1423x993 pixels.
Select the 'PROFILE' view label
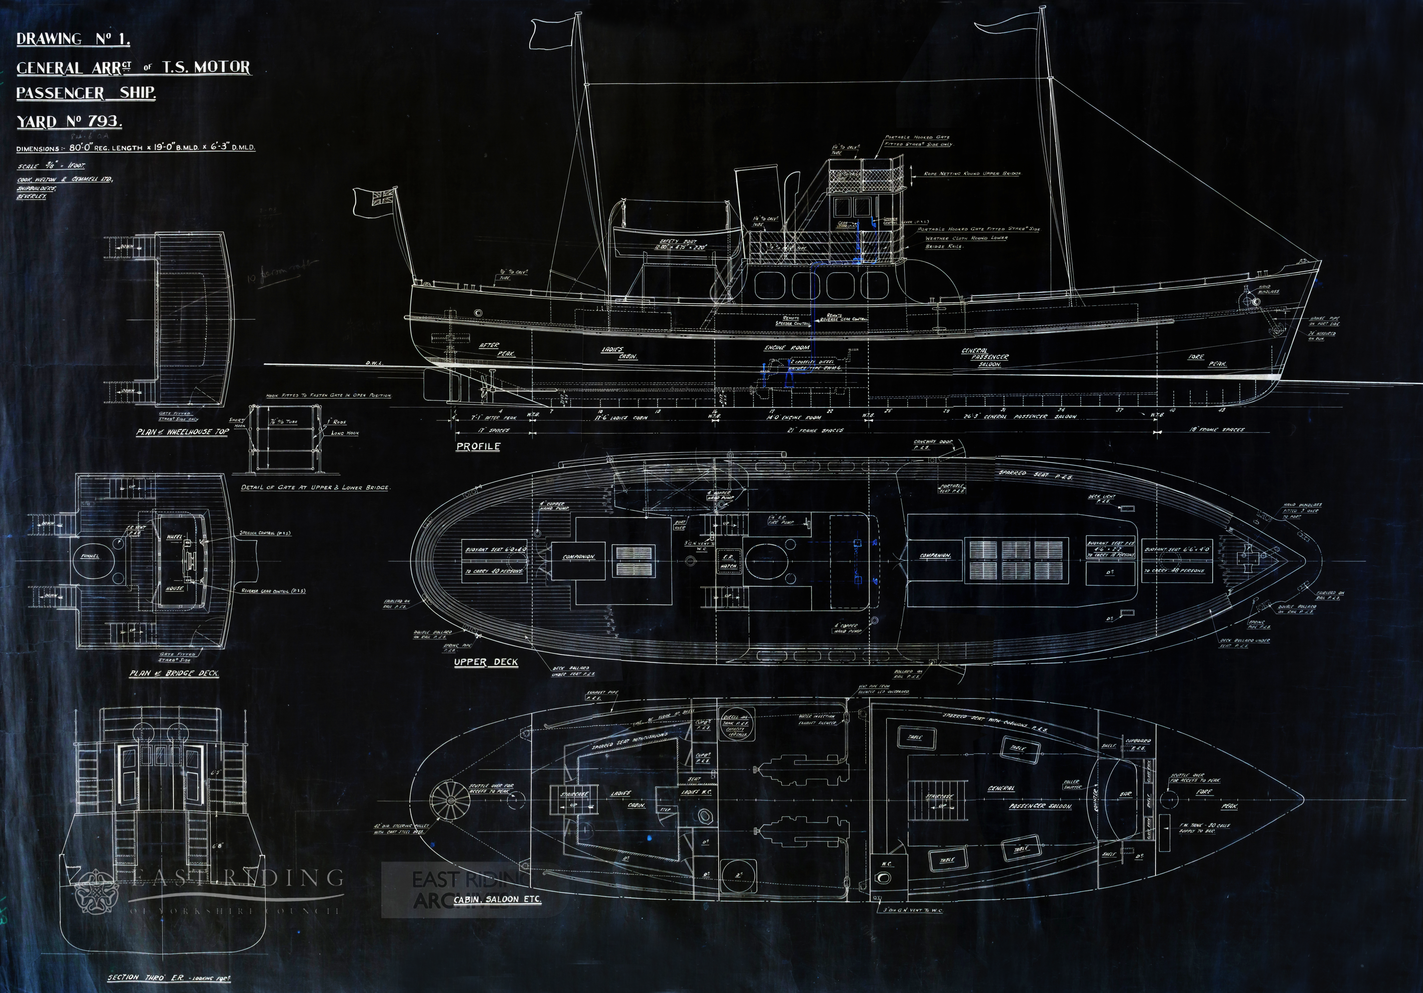[478, 446]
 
